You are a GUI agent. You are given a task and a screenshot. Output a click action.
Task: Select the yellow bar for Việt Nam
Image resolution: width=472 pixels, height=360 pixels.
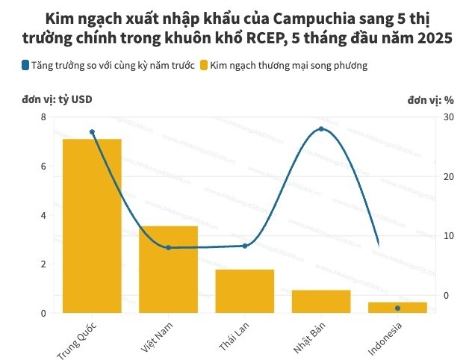click(169, 269)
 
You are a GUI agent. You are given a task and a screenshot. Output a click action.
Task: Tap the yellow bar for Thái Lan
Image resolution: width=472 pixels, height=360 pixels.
click(245, 291)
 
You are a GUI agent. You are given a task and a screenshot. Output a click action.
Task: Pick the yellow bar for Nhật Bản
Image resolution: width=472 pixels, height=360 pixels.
click(321, 301)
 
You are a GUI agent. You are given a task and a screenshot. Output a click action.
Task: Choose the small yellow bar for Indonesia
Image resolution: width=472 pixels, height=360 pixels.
click(397, 307)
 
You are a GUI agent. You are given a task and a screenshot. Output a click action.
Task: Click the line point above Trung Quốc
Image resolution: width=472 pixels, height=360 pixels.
click(92, 132)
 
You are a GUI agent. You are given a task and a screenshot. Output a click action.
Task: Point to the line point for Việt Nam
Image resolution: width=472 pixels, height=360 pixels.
click(169, 247)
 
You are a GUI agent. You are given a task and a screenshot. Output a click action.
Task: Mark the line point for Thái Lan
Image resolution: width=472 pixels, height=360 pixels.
click(245, 246)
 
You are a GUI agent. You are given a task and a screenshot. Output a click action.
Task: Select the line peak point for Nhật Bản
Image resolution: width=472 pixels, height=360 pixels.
click(321, 129)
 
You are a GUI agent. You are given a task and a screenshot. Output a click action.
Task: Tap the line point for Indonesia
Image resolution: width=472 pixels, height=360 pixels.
click(397, 308)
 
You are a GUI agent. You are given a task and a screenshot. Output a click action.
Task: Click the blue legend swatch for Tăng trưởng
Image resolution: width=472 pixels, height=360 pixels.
click(25, 66)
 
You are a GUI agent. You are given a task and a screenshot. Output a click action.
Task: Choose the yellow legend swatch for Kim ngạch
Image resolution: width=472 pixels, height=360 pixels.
click(204, 66)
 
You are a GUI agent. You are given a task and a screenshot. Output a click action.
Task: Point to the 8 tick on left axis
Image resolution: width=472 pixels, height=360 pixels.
click(43, 117)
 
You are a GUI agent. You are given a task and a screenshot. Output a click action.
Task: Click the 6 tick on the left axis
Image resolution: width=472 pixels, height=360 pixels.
click(43, 167)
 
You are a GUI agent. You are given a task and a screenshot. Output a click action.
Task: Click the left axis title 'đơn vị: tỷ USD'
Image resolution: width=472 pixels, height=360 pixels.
click(58, 99)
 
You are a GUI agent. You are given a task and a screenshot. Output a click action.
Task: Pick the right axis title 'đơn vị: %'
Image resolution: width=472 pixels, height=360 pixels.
click(431, 99)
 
